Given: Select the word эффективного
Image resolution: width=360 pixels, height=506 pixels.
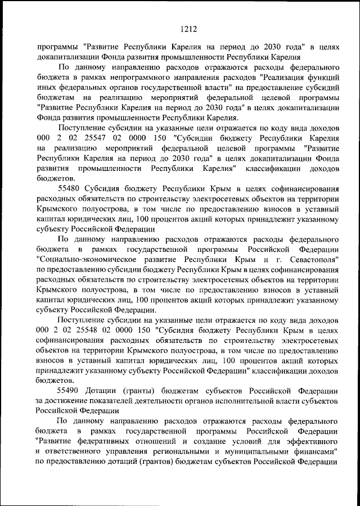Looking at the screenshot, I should tap(312, 441).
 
